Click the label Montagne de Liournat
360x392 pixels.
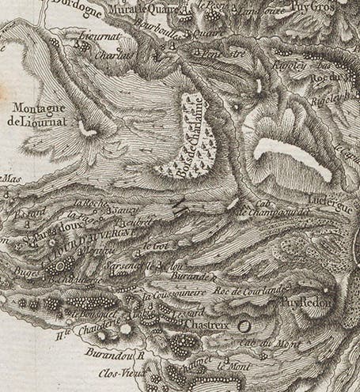(38, 115)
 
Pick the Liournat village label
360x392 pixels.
(97, 37)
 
